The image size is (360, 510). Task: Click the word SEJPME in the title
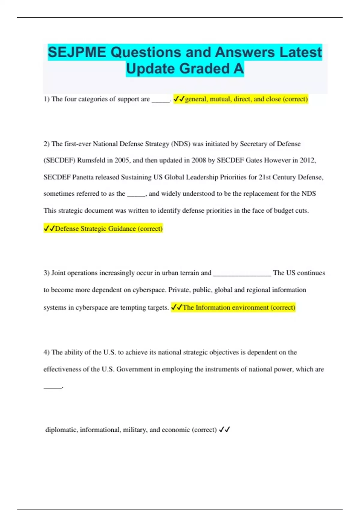(x=77, y=52)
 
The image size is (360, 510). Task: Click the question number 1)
(x=46, y=99)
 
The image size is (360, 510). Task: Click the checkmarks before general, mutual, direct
(x=179, y=99)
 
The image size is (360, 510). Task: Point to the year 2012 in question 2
(x=307, y=160)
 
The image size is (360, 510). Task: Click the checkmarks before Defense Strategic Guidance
(x=49, y=229)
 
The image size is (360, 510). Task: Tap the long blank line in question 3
(x=242, y=274)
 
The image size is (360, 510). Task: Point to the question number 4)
(x=46, y=352)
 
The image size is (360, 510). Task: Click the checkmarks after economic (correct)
(x=224, y=430)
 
